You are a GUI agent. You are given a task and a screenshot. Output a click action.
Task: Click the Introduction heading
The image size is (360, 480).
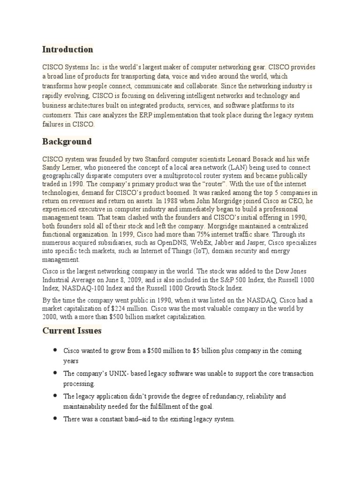67,49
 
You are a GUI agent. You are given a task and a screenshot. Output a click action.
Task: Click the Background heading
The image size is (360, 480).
67,141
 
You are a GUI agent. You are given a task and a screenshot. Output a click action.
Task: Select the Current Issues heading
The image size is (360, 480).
72,330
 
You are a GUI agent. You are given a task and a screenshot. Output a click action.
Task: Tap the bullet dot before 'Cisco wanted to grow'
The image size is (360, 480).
55,350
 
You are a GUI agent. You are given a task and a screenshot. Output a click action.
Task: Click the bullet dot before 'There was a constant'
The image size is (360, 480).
55,418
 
